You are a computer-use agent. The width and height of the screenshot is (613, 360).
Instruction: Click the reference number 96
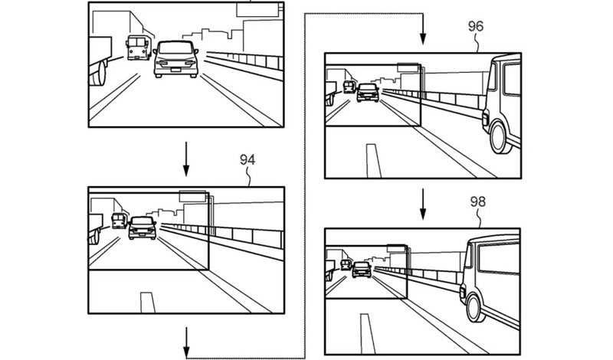coord(475,25)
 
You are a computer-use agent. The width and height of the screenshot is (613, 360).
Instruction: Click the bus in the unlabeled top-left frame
coord(138,48)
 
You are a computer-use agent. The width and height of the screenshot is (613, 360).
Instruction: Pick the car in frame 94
coord(141,227)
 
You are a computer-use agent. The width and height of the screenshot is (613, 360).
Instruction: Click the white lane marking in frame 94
coord(144,302)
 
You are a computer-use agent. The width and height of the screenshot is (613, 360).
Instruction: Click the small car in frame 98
coord(362,269)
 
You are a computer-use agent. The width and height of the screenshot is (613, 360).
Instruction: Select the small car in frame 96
coord(369,93)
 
